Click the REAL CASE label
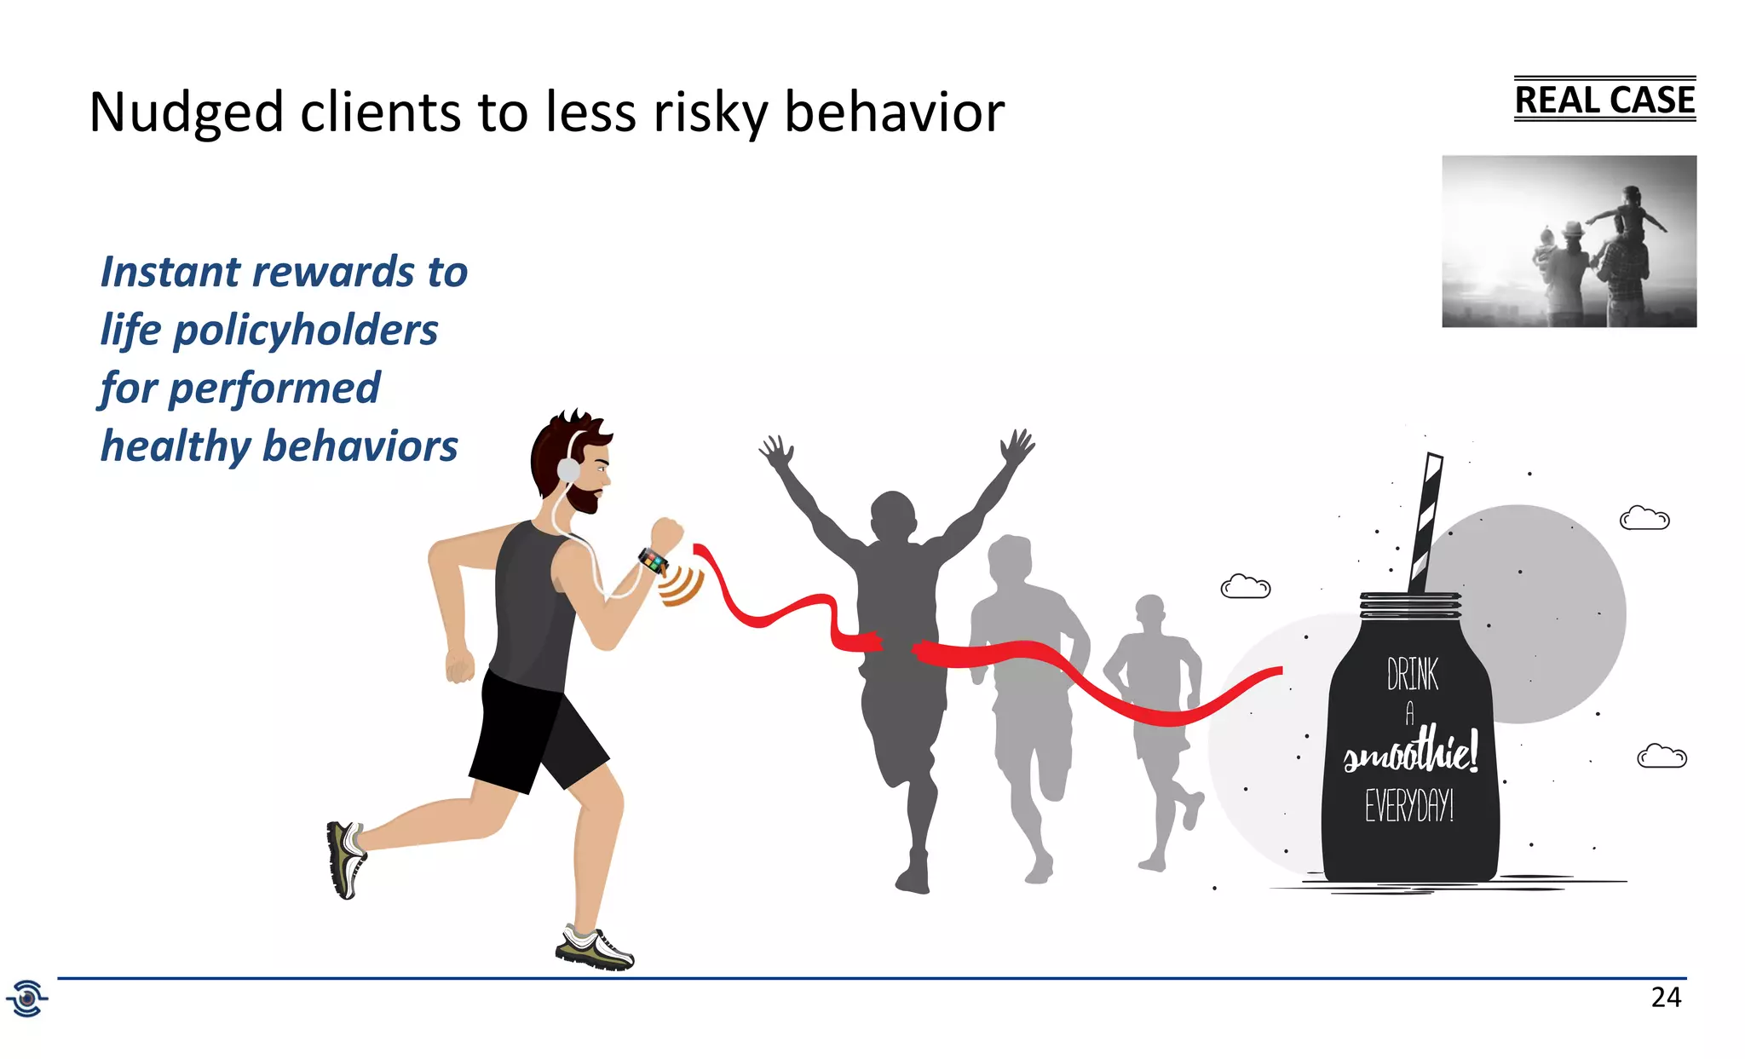click(1604, 100)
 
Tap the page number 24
click(1666, 997)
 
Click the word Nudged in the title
click(186, 112)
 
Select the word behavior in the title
click(894, 112)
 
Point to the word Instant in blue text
click(171, 273)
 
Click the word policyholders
click(305, 331)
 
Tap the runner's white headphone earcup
click(567, 469)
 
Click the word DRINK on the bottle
click(1412, 674)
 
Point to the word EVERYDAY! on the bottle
click(1409, 805)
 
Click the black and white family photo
click(1569, 241)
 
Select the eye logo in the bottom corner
click(27, 998)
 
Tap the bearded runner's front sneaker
click(596, 950)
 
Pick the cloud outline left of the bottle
click(1245, 587)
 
